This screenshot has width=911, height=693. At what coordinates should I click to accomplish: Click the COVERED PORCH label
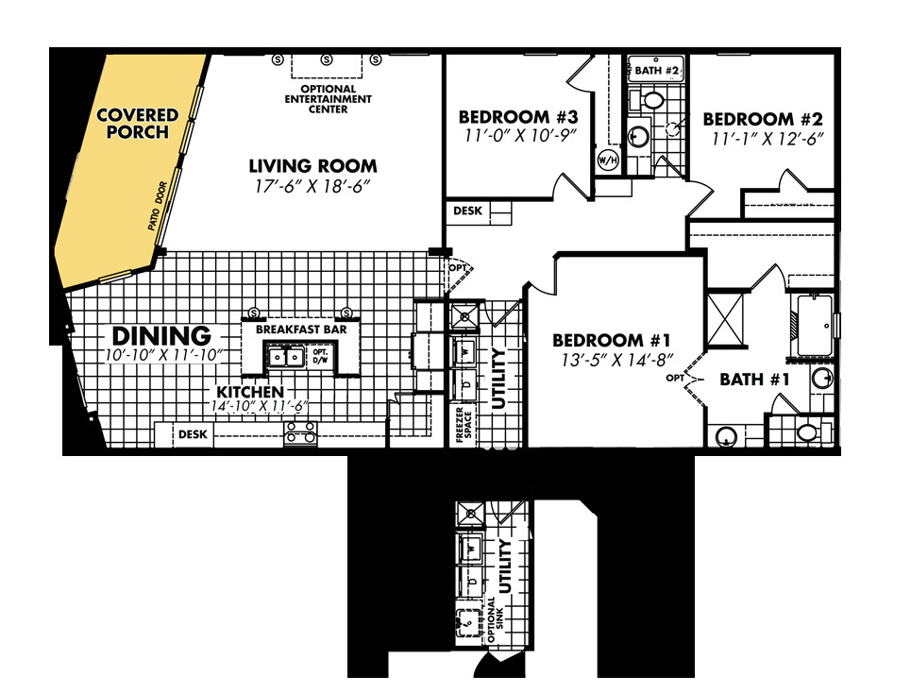[137, 124]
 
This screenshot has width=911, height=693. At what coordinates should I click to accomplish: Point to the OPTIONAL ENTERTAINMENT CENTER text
[329, 99]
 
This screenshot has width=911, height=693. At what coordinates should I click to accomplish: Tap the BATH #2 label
[657, 71]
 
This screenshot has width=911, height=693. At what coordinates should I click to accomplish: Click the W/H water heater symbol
[606, 161]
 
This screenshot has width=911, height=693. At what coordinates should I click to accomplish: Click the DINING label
[161, 335]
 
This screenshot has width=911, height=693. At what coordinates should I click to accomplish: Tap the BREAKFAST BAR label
[300, 330]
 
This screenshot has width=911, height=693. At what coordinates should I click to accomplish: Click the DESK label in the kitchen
[194, 435]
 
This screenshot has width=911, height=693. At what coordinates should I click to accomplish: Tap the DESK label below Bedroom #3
[468, 211]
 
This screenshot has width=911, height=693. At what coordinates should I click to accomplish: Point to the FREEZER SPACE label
[464, 425]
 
